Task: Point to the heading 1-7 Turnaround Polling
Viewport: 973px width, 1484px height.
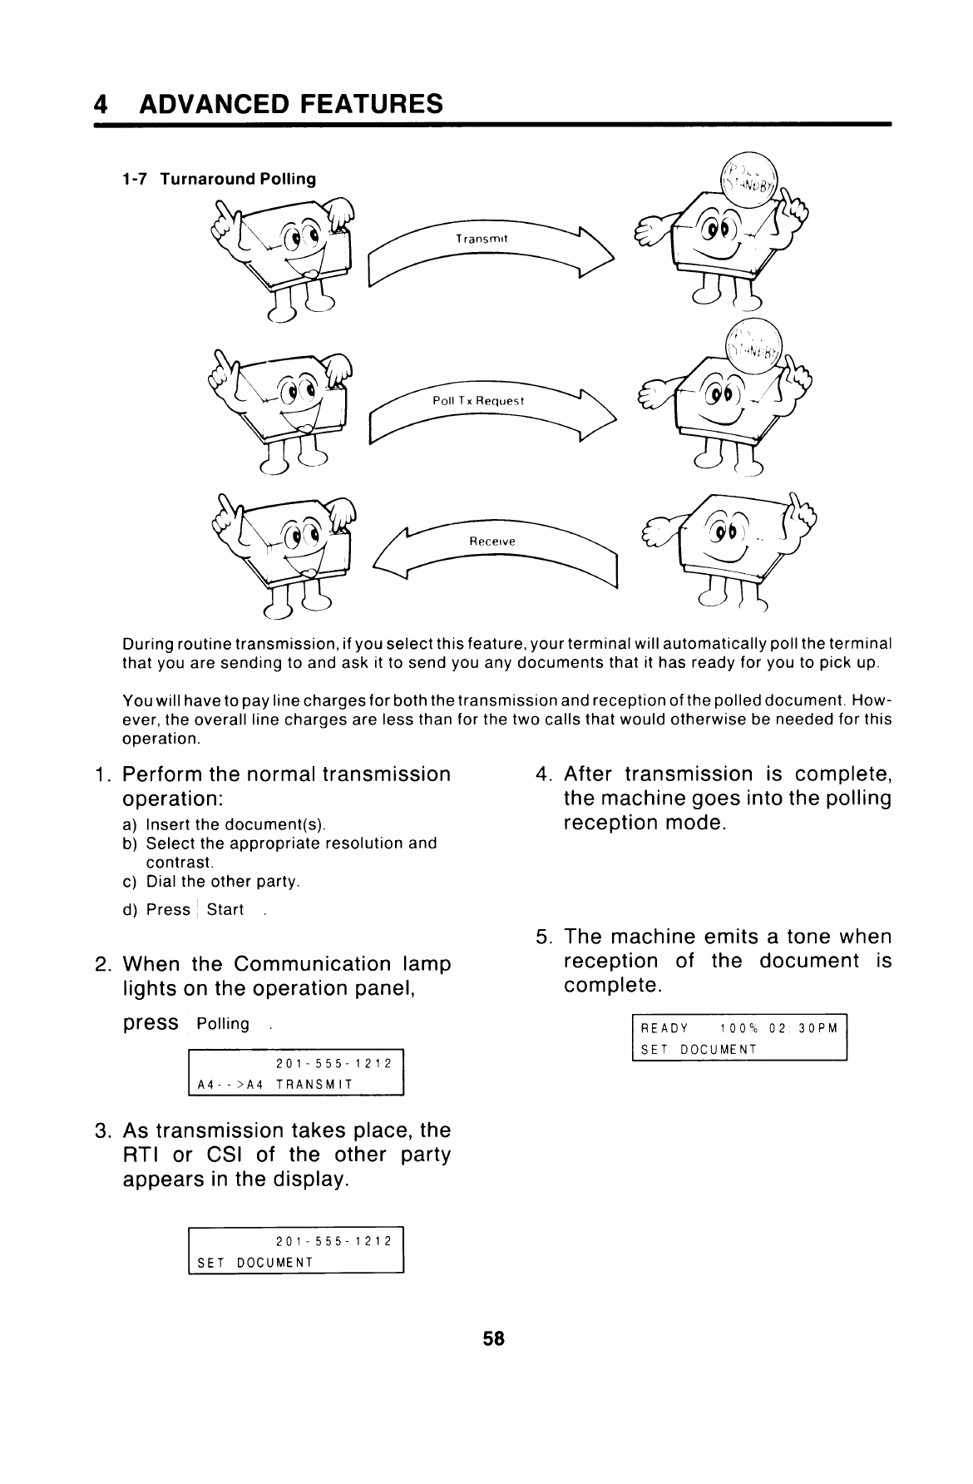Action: pos(218,179)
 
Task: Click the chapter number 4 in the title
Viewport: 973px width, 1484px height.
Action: pos(101,105)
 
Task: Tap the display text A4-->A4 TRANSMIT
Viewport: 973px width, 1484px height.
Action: pos(274,1085)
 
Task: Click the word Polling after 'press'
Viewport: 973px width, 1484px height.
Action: pos(223,1024)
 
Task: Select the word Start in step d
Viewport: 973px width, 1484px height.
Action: pos(225,910)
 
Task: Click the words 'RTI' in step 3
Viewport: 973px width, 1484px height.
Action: pos(141,1155)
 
